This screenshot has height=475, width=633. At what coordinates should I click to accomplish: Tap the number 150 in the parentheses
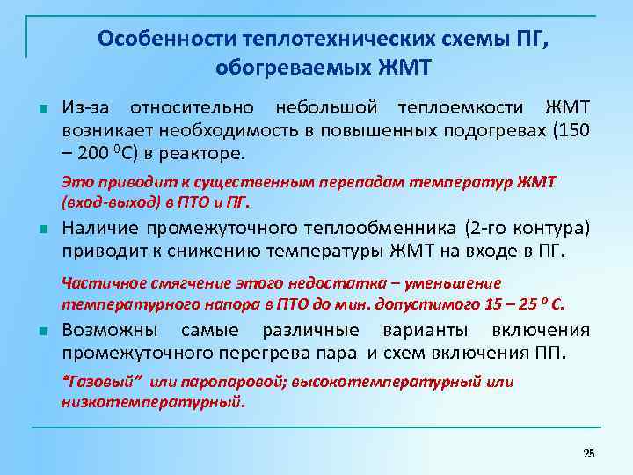(572, 130)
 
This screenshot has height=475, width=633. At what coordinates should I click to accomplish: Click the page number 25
(589, 452)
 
